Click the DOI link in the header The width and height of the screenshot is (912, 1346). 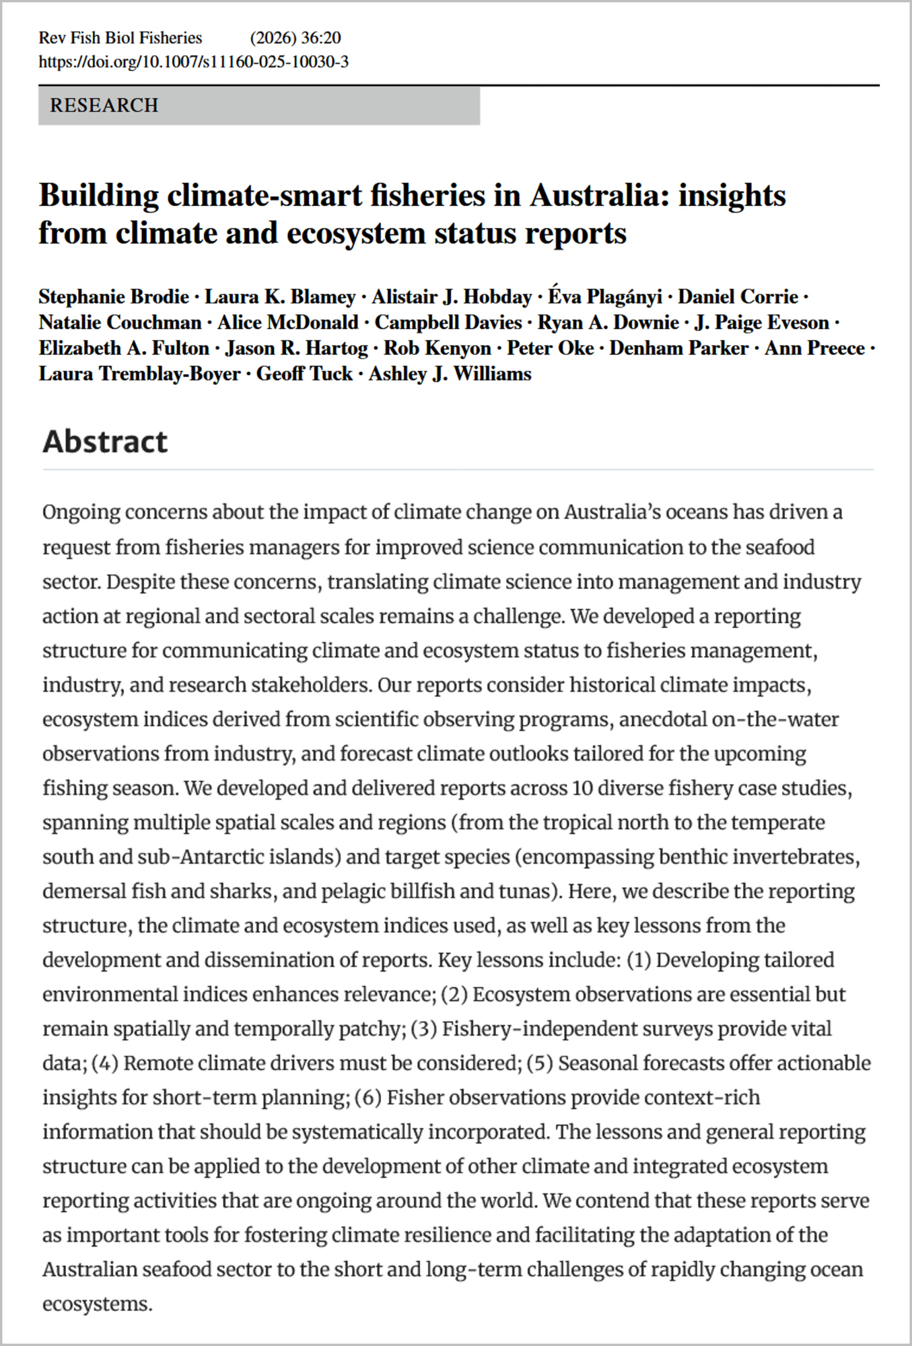click(x=193, y=62)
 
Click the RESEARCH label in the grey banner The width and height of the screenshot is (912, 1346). click(x=104, y=106)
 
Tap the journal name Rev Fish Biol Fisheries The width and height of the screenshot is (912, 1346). click(x=120, y=38)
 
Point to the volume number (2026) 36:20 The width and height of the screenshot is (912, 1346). click(x=295, y=38)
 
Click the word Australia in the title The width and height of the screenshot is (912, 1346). click(x=600, y=196)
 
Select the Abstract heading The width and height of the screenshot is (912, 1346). click(x=105, y=441)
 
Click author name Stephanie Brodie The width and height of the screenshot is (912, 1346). click(x=114, y=297)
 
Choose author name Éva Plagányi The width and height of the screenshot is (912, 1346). click(x=604, y=297)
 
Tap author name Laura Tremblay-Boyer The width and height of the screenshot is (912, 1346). click(x=139, y=374)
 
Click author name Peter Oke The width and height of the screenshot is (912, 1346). click(x=550, y=348)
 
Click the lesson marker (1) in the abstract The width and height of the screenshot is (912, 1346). click(x=639, y=960)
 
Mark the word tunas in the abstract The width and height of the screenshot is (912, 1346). click(x=524, y=891)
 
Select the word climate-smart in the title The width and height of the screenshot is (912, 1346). click(x=264, y=196)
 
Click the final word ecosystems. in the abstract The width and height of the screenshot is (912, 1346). click(x=98, y=1304)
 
